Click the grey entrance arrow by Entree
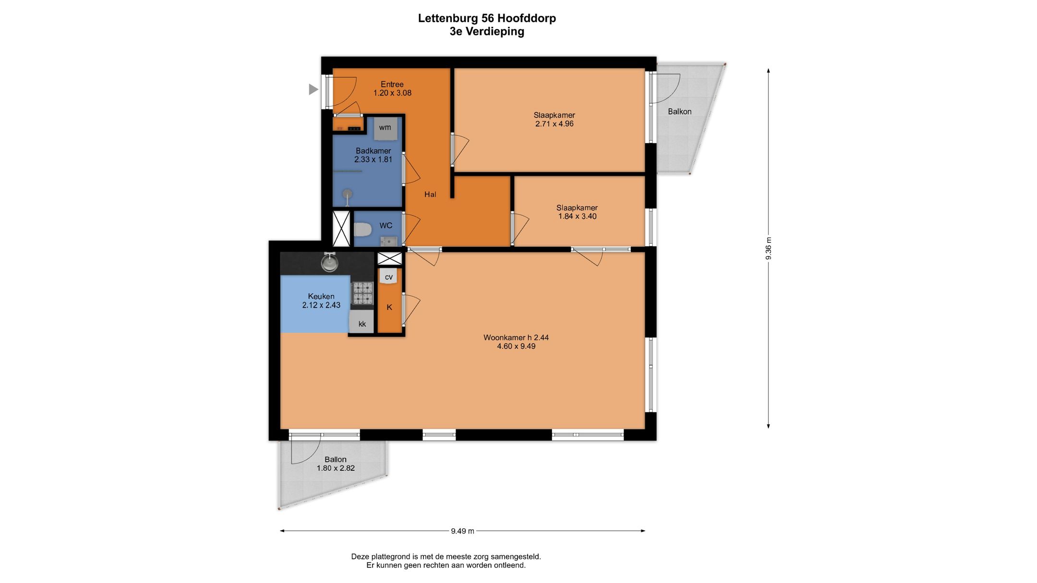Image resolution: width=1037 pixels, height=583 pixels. pos(313,89)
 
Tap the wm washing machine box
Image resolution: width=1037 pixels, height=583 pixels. pos(386,128)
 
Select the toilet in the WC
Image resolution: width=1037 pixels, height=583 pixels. pos(362,230)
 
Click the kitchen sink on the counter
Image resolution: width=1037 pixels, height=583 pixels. pos(330,262)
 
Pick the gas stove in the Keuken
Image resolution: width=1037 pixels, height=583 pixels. pos(363,293)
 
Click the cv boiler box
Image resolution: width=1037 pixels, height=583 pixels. pos(389,276)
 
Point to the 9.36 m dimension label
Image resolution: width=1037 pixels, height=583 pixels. pos(768,249)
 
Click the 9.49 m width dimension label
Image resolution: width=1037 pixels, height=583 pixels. pos(462,531)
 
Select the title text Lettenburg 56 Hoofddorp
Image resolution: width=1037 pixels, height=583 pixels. pos(487,18)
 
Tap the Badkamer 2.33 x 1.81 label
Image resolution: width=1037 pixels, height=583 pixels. pos(374,155)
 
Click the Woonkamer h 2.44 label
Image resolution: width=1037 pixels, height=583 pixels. pos(516,337)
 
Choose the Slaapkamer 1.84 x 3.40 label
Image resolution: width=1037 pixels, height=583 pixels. pos(577,212)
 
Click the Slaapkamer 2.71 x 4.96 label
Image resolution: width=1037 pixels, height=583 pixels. pos(555,119)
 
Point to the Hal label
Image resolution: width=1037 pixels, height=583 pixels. pos(430,194)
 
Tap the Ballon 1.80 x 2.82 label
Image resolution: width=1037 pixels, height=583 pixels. pos(336,464)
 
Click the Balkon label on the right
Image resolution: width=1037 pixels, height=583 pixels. pos(680,111)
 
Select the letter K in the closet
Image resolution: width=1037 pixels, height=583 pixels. pos(389,307)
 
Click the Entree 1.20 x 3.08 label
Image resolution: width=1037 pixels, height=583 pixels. pos(392,88)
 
